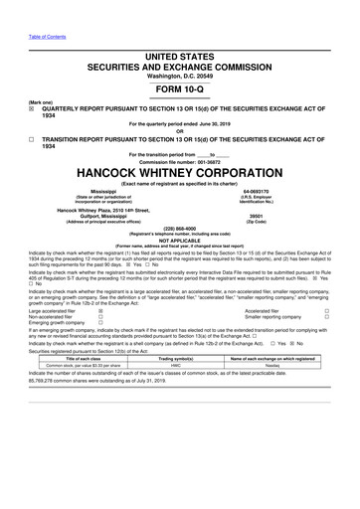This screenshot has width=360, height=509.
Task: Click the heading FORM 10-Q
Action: pyautogui.click(x=179, y=90)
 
